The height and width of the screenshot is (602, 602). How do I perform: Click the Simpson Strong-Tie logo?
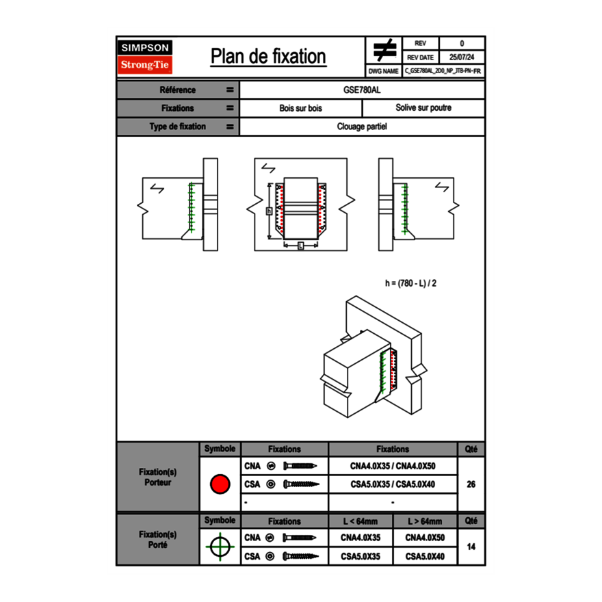tap(146, 57)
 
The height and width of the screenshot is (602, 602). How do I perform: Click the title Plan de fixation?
tap(268, 56)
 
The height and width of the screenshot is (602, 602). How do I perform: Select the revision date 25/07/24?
tap(462, 57)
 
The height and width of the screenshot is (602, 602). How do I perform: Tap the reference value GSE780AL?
tap(362, 90)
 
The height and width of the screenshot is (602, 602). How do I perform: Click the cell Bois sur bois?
tap(300, 108)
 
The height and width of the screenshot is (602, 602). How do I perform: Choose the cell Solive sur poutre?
tap(423, 108)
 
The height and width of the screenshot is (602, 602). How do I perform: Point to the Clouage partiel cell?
tap(362, 127)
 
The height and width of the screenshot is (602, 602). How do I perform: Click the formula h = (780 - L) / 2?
tap(410, 283)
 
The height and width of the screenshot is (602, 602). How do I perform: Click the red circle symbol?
tap(220, 484)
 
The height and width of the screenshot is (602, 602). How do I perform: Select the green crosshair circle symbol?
tap(220, 547)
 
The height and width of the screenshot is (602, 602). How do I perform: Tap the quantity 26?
tap(471, 484)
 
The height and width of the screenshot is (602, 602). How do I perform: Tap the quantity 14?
tap(471, 547)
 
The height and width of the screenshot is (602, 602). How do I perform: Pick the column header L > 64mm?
tap(424, 521)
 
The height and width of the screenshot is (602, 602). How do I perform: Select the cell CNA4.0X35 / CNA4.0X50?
tap(393, 467)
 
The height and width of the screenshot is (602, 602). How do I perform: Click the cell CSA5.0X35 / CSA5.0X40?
tap(393, 484)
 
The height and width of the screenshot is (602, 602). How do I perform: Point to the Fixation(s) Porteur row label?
tap(158, 477)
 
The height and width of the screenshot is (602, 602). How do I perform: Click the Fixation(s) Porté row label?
tap(158, 540)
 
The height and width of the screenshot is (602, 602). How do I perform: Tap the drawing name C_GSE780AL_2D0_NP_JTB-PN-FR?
tap(443, 71)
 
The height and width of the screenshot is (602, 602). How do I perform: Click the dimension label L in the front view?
tap(300, 246)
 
